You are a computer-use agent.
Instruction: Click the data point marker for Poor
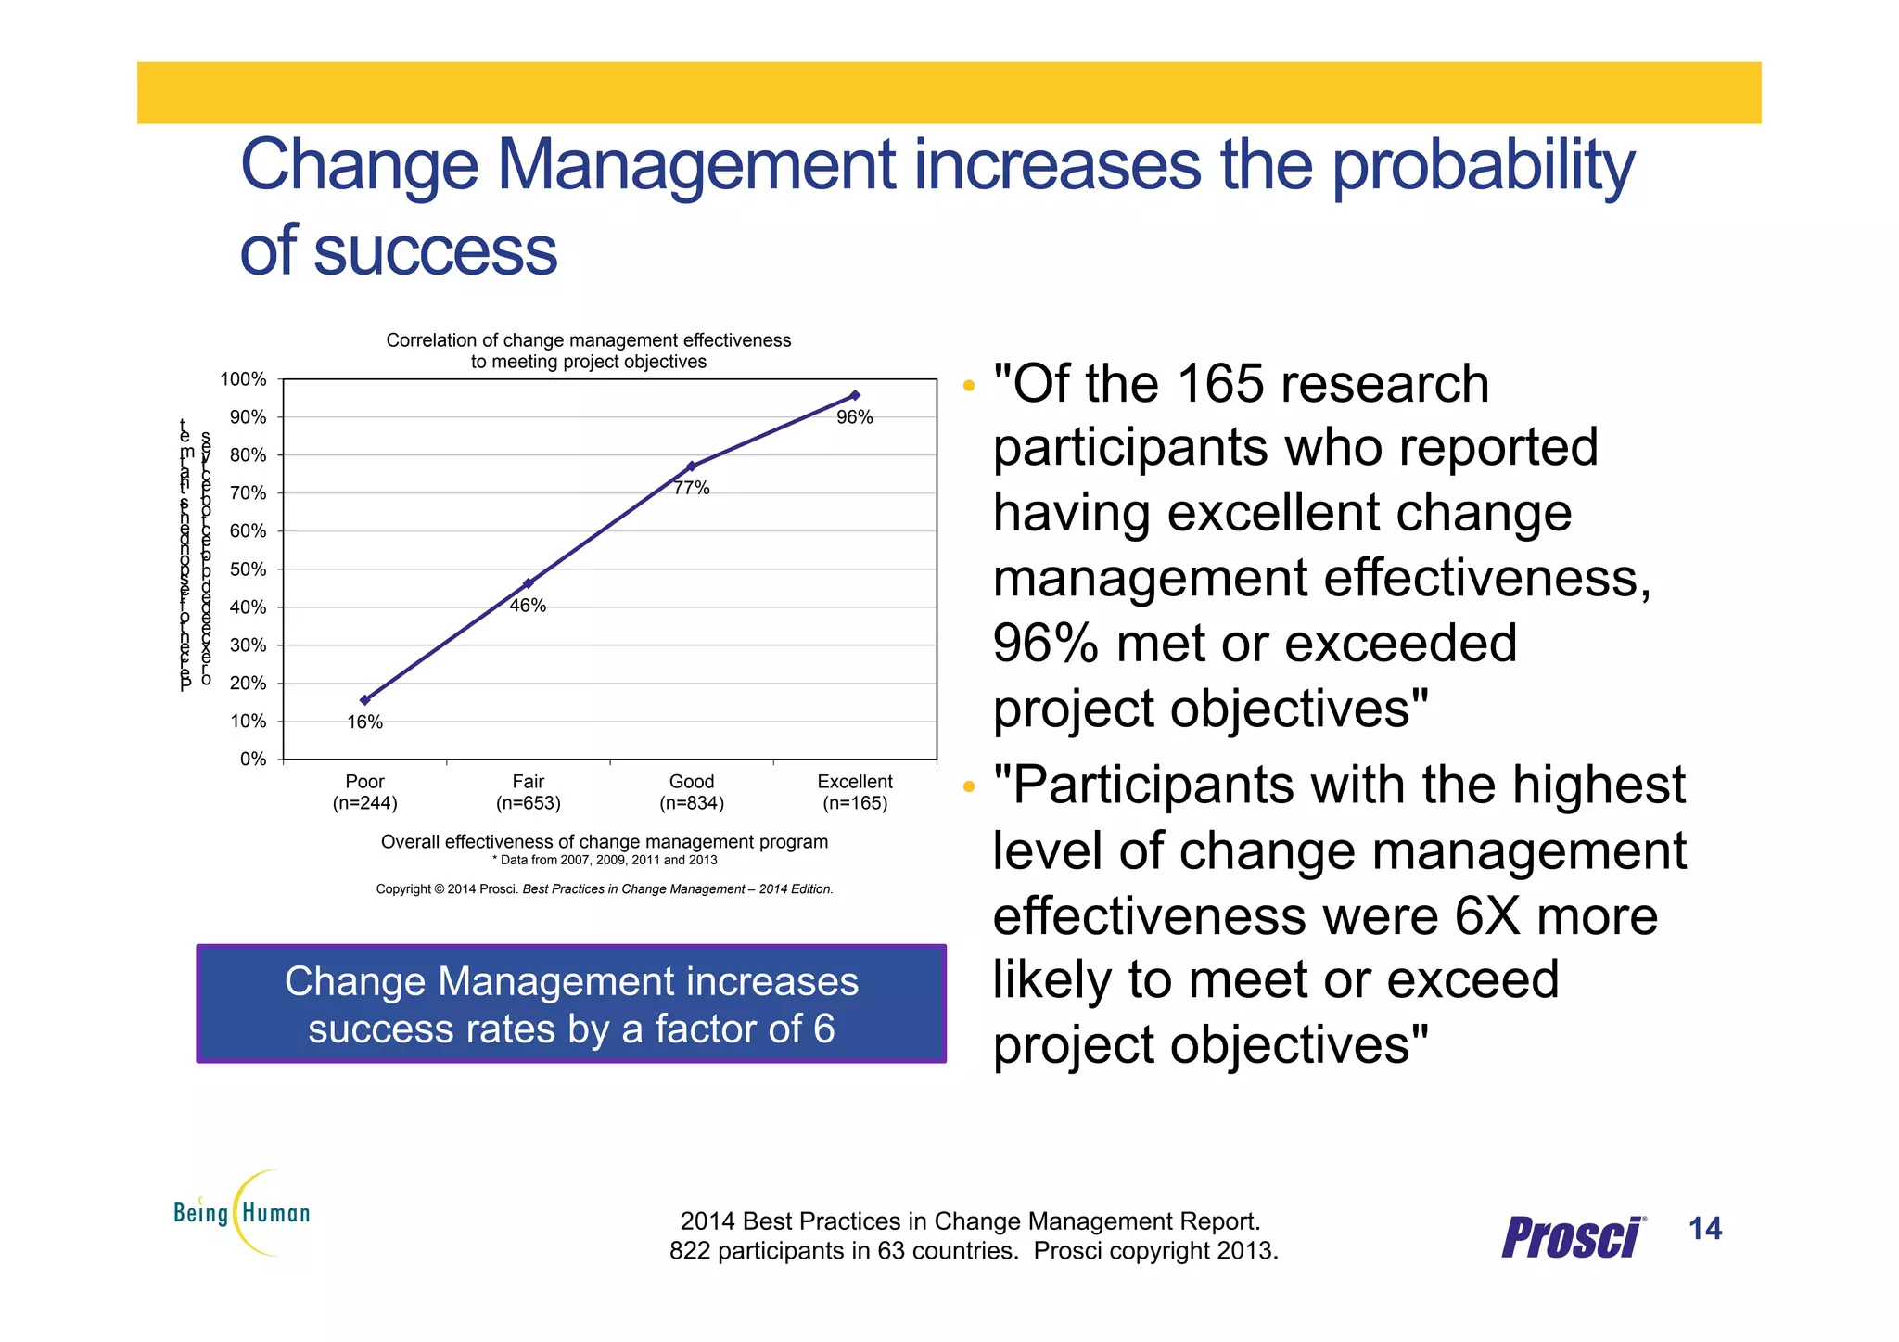point(364,700)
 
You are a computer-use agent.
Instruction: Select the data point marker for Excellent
point(855,395)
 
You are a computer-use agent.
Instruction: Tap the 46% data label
point(528,606)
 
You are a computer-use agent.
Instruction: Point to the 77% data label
point(692,488)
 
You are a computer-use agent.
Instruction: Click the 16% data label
point(364,722)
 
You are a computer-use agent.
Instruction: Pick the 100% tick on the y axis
point(244,379)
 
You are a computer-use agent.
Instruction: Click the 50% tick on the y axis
point(248,569)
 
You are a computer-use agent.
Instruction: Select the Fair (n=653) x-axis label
point(528,792)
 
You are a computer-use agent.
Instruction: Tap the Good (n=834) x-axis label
point(692,792)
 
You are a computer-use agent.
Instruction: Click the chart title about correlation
point(589,351)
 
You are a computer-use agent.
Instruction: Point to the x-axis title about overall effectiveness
point(605,841)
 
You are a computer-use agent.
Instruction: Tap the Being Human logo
point(243,1212)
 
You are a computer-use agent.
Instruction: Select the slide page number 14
point(1705,1229)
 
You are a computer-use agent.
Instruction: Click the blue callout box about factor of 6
point(571,1004)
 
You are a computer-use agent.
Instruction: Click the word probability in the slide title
point(1484,167)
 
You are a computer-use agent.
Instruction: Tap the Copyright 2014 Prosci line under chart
point(605,888)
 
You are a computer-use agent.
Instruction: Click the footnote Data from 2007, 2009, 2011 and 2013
point(605,860)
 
